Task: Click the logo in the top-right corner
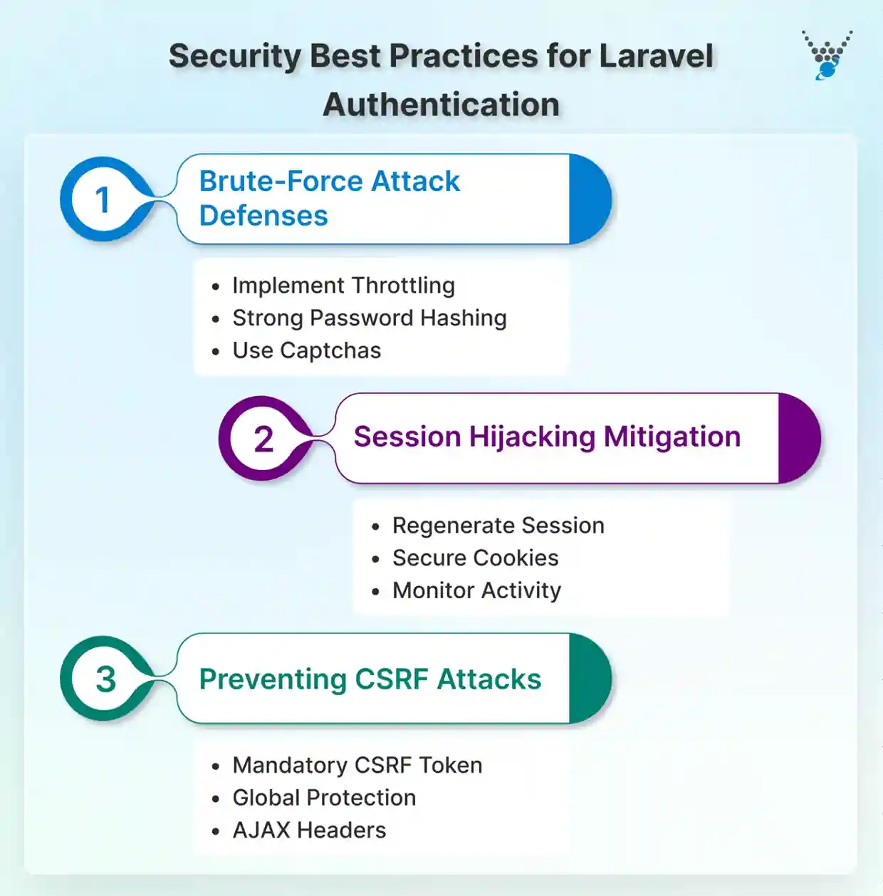tap(827, 55)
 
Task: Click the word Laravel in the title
tap(656, 56)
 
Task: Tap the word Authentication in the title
tap(441, 105)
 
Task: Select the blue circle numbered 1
tap(103, 199)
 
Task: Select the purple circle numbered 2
tap(263, 439)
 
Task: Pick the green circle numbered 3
tap(105, 679)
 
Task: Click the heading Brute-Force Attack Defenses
tap(329, 198)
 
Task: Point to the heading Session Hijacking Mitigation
tap(547, 437)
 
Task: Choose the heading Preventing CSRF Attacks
tap(370, 679)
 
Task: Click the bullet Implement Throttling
tap(343, 286)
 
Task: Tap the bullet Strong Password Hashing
tap(369, 318)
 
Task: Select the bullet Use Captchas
tap(306, 350)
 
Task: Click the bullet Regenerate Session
tap(498, 526)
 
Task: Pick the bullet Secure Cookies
tap(475, 558)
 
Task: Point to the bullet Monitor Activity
tap(476, 590)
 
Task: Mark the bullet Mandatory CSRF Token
tap(357, 765)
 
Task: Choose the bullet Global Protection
tap(324, 798)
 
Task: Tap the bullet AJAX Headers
tap(309, 830)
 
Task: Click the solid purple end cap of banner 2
tap(798, 438)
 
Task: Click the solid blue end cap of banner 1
tap(589, 199)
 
